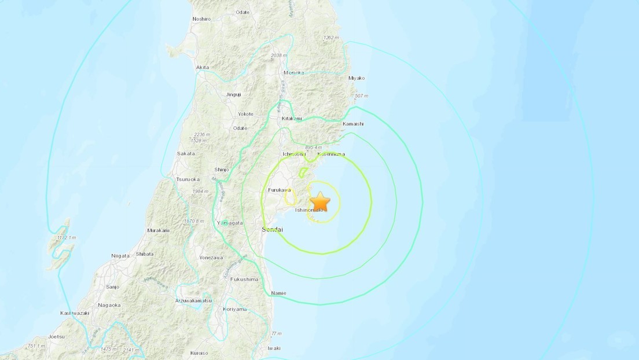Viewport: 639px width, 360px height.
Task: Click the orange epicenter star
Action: pyautogui.click(x=319, y=202)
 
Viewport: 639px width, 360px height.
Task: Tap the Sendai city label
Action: pyautogui.click(x=272, y=230)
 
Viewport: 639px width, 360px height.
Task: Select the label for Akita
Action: pyautogui.click(x=203, y=68)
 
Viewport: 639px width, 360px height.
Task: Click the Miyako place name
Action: pyautogui.click(x=357, y=78)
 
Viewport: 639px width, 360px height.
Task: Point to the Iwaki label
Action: pyautogui.click(x=274, y=348)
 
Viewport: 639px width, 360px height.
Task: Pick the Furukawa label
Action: pyautogui.click(x=280, y=190)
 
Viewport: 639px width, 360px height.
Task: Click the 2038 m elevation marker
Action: pyautogui.click(x=279, y=56)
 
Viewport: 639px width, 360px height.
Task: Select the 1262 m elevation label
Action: pyautogui.click(x=330, y=38)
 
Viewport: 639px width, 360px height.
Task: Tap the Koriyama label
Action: pyautogui.click(x=235, y=309)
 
